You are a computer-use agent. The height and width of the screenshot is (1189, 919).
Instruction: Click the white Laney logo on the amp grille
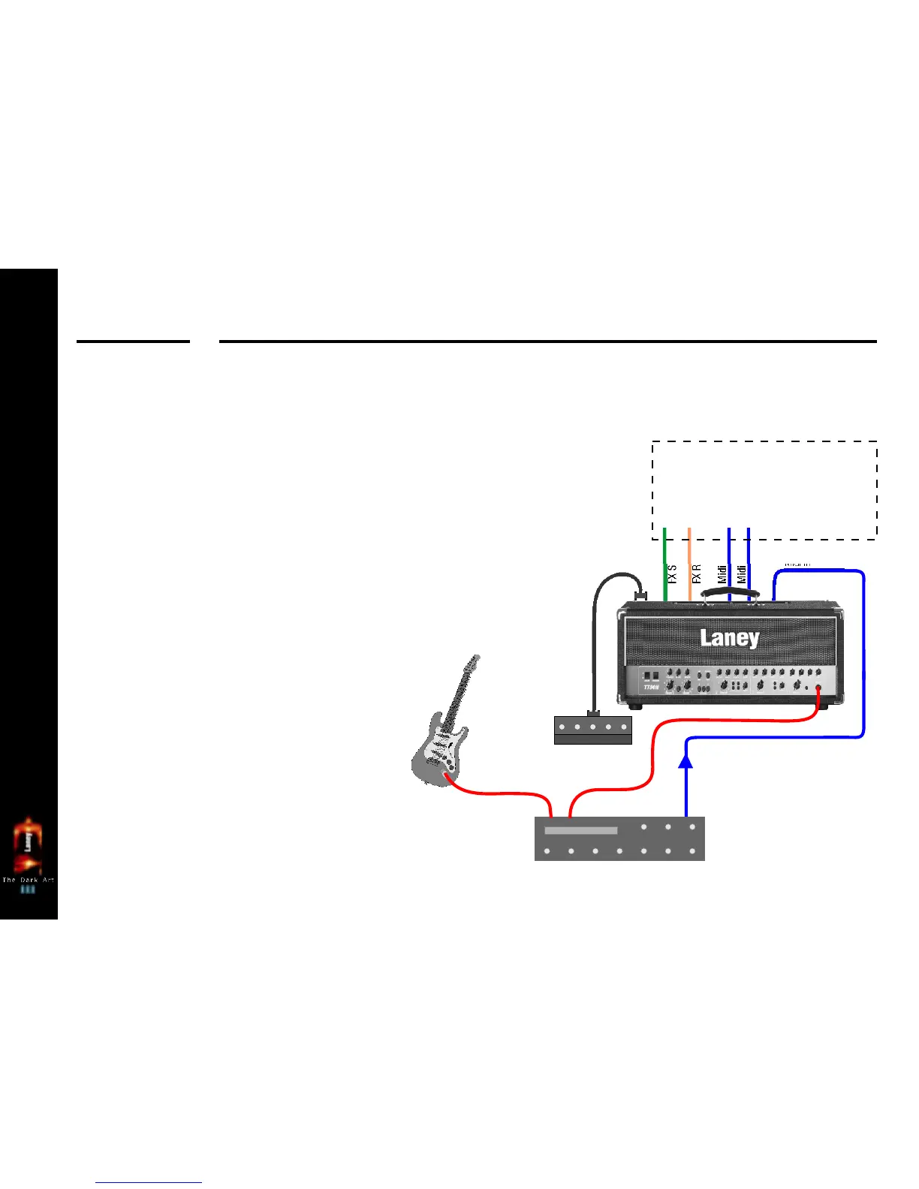click(729, 638)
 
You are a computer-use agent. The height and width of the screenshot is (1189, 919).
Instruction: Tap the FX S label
click(672, 574)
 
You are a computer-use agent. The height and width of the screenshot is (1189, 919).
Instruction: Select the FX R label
click(696, 574)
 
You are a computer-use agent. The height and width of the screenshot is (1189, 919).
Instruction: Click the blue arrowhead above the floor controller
click(685, 761)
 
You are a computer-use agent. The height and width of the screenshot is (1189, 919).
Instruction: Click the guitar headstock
click(472, 664)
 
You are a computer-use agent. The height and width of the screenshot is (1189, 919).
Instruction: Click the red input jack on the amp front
click(818, 688)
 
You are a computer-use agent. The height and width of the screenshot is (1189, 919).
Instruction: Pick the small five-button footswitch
click(592, 729)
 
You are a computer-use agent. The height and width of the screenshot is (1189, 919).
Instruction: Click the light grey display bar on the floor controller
click(580, 831)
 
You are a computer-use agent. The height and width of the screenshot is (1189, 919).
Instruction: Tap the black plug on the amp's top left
click(640, 595)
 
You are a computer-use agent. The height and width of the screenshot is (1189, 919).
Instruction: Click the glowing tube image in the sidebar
click(28, 844)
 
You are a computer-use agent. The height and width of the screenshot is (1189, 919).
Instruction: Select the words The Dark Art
click(28, 880)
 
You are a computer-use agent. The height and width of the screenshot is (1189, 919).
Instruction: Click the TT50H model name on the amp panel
click(650, 687)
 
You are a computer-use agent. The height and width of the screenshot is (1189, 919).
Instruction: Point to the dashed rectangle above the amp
click(764, 490)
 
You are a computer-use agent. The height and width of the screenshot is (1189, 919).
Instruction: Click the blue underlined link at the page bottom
click(149, 1183)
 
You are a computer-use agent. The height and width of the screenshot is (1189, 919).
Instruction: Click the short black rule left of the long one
click(133, 342)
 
